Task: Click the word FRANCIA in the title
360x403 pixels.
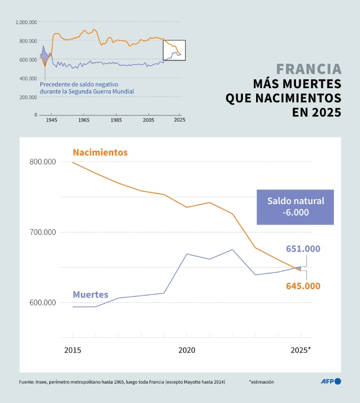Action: (309, 69)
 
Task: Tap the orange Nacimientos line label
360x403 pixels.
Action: (100, 153)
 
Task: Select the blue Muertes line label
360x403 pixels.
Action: (90, 295)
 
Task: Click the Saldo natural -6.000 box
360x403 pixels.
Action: (295, 207)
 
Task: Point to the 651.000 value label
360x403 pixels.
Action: (303, 249)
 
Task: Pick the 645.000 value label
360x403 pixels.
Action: (303, 286)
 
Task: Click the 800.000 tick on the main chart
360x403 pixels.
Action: (43, 162)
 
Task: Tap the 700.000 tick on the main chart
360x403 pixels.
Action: (43, 232)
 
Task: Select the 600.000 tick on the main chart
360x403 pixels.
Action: (43, 303)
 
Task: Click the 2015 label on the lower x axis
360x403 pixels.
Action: (73, 349)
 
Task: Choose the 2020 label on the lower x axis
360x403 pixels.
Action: (187, 349)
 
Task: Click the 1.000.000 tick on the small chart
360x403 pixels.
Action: (26, 23)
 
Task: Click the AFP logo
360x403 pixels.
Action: (331, 381)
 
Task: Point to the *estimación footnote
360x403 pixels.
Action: (261, 382)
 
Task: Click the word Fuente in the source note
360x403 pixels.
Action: (27, 382)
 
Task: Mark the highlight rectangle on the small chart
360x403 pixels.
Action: (174, 50)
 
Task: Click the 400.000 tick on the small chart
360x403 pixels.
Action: (28, 79)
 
